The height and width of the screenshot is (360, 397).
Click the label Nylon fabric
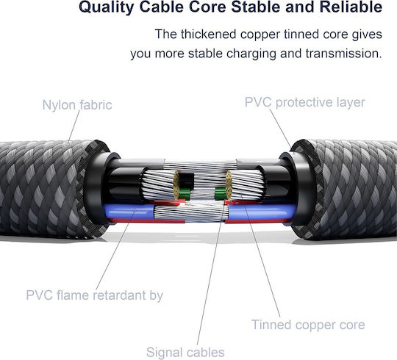[77, 105]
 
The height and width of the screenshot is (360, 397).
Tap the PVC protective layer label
[305, 102]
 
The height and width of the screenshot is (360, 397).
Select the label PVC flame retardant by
[95, 295]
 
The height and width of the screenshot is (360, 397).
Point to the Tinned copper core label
[308, 325]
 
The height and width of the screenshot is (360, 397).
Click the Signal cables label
[185, 353]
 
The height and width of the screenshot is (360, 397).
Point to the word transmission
[343, 54]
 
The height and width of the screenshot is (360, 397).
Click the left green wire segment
[184, 194]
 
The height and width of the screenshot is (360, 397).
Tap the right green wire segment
[221, 194]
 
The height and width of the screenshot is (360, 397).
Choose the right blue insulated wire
[262, 212]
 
